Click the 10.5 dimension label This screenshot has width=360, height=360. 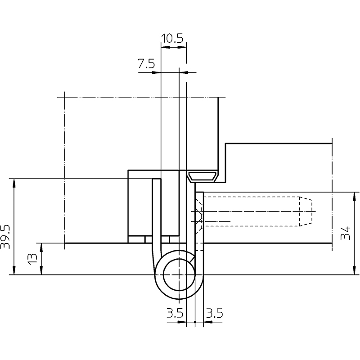coord(172,39)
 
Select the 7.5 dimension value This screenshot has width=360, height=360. coord(146,63)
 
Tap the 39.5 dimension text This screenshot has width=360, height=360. coord(5,237)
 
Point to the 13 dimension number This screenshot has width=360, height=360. coord(32,259)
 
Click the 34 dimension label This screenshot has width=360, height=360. coord(346,233)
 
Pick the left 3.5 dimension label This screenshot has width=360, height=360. coord(175,313)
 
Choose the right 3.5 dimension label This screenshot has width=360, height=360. coord(215,313)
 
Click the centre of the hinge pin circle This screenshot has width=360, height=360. coord(179,274)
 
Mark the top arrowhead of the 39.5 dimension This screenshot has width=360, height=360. coord(14,183)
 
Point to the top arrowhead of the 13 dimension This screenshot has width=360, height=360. coord(41,247)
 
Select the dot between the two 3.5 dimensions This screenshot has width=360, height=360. coord(195,322)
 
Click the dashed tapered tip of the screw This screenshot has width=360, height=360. coord(306,211)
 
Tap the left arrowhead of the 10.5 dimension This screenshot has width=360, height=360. coord(165,47)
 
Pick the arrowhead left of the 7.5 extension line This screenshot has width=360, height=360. coord(156,72)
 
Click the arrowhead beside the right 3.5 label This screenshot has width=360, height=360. coord(208,322)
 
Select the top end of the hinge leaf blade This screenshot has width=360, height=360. coord(156,179)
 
